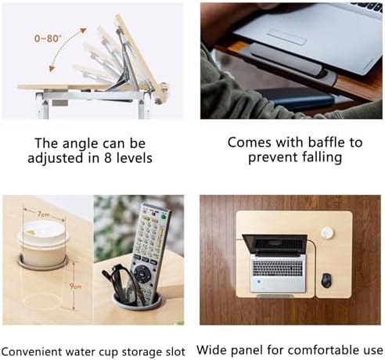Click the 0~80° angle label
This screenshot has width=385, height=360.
pos(48,38)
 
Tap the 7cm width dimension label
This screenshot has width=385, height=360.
pos(44,214)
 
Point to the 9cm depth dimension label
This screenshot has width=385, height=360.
pos(76,286)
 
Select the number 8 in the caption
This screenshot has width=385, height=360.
pos(108,158)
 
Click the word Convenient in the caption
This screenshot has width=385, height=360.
pos(32,351)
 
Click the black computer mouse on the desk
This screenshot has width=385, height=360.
pos(326,280)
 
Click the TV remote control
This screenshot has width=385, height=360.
pos(149,251)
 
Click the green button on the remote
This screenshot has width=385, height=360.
pos(164,217)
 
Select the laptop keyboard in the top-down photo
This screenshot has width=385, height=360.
pos(278,268)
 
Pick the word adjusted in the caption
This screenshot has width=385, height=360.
pos(56,159)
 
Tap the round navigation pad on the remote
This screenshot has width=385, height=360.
pos(142,274)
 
